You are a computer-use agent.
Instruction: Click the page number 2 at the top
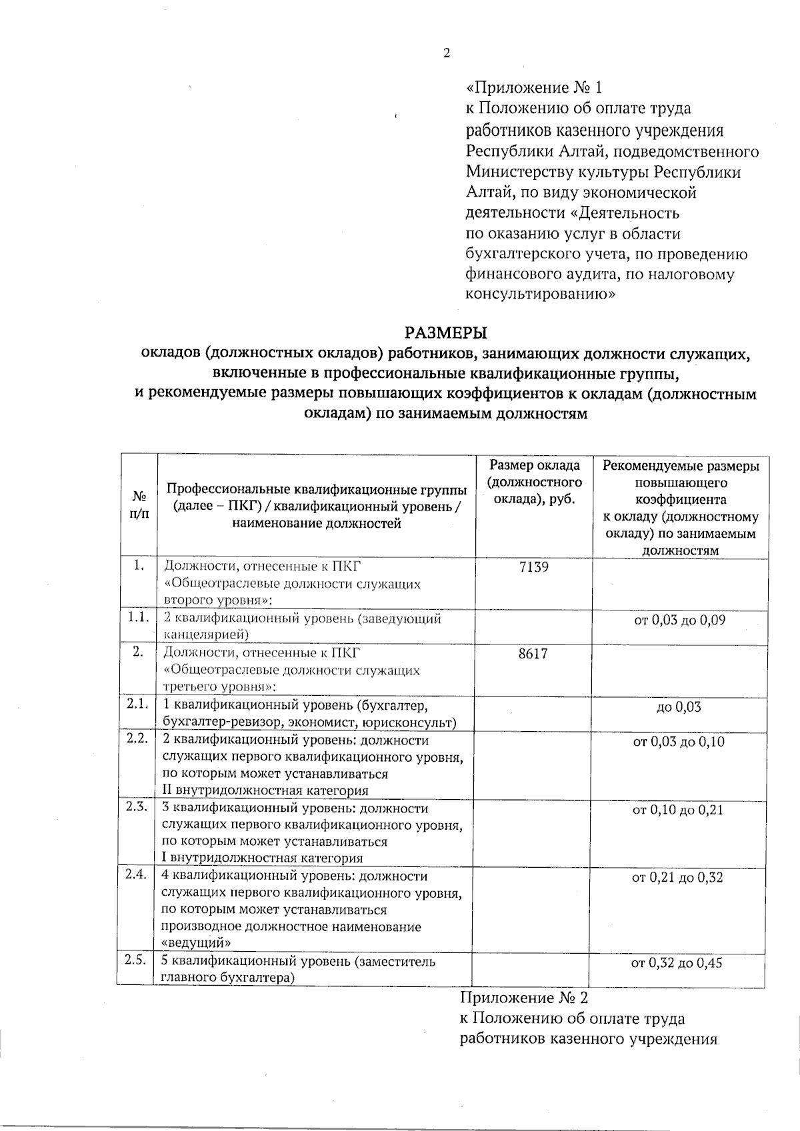(x=447, y=54)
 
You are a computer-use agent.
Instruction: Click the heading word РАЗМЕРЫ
(x=446, y=332)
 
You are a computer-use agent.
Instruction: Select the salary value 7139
(x=533, y=568)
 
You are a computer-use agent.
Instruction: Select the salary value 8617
(x=533, y=654)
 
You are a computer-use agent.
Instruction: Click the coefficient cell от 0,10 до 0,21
(x=678, y=810)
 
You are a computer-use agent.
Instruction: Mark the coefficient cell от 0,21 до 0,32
(x=678, y=878)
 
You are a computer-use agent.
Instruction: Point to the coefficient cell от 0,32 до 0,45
(x=677, y=963)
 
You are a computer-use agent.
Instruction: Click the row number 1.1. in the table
(x=138, y=617)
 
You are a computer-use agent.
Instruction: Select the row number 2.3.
(x=136, y=806)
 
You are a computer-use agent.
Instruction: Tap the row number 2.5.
(x=135, y=960)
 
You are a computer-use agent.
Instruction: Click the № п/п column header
(x=139, y=507)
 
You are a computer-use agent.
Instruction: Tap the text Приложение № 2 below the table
(x=525, y=998)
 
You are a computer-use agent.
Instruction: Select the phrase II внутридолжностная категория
(x=265, y=791)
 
